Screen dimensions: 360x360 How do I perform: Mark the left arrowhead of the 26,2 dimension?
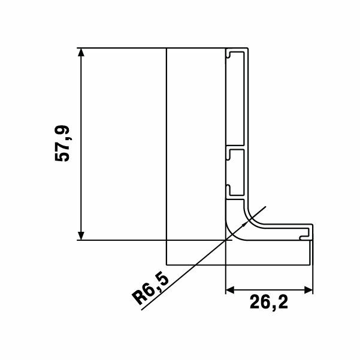[229, 291]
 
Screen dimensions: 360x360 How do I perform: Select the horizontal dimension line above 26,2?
[270, 291]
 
